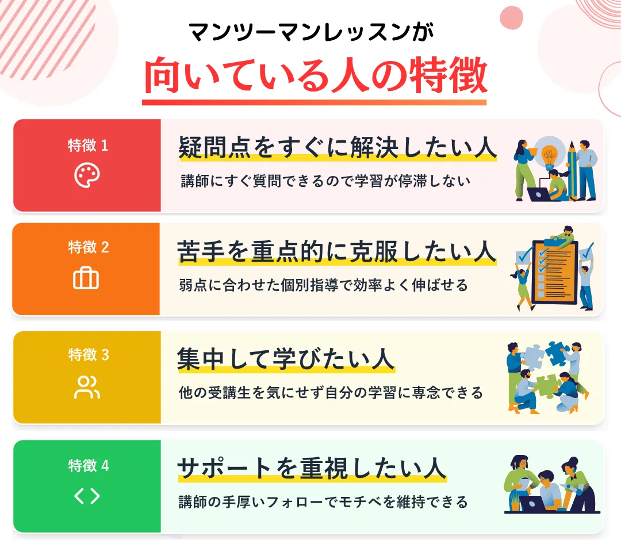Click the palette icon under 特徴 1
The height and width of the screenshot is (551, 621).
(87, 175)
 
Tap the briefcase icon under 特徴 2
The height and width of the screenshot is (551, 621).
(86, 279)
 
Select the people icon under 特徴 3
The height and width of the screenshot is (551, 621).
(87, 387)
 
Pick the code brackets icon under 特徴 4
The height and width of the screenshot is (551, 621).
(87, 496)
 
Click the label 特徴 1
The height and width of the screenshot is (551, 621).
(87, 146)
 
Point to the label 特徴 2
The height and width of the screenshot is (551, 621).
(88, 248)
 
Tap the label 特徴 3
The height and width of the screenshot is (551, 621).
(88, 355)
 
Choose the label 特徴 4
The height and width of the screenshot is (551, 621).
(88, 465)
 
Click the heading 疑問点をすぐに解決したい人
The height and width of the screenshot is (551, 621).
(338, 148)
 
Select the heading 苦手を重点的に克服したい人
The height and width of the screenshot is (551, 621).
(337, 252)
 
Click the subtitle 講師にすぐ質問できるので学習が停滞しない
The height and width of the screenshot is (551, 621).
(325, 181)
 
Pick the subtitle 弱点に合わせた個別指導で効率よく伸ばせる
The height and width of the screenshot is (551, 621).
(324, 285)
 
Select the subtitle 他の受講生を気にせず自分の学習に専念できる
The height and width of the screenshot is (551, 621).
(331, 393)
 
